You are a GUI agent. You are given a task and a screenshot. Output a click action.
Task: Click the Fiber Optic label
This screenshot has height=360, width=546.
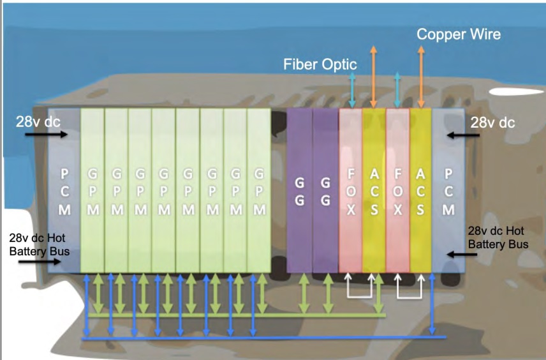pos(320,64)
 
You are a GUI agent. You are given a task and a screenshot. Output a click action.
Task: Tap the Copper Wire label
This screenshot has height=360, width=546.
pos(459,34)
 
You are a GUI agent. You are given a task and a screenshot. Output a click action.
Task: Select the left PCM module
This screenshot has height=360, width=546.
pos(64,191)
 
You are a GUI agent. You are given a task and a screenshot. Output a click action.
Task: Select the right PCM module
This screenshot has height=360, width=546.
pos(448,191)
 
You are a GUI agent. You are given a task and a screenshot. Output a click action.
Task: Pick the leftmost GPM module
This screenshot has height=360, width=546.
pos(92,191)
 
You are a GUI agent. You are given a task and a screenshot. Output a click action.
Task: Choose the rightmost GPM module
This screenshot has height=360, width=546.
pos(258,191)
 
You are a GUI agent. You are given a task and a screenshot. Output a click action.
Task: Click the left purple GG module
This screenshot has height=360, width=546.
pos(299,191)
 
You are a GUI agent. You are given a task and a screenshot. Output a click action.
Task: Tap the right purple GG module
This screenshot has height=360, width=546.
pos(325,191)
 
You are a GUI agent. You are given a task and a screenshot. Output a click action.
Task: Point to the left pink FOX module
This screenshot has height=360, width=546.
pos(350,191)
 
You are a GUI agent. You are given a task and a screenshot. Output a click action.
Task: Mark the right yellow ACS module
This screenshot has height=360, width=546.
pos(420,191)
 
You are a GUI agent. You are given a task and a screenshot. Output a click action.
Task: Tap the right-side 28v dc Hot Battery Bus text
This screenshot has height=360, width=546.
pos(498,237)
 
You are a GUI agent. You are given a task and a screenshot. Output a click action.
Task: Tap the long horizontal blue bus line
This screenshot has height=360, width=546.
pos(255,338)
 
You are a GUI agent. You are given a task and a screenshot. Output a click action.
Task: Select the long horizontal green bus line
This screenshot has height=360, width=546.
pos(236,315)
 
